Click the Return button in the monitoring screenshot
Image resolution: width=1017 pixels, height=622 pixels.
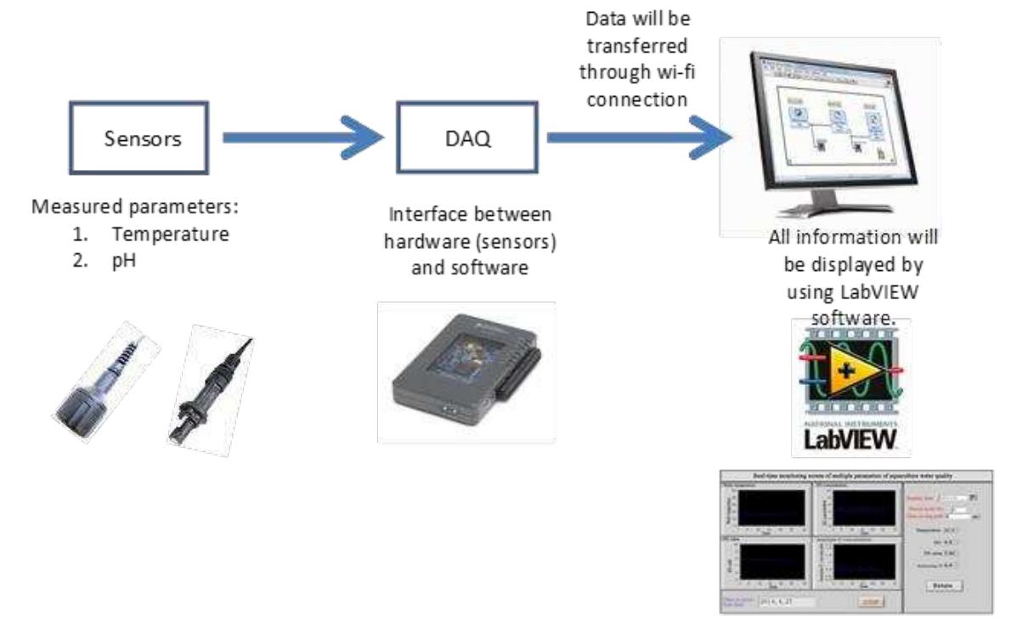click(x=944, y=585)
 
